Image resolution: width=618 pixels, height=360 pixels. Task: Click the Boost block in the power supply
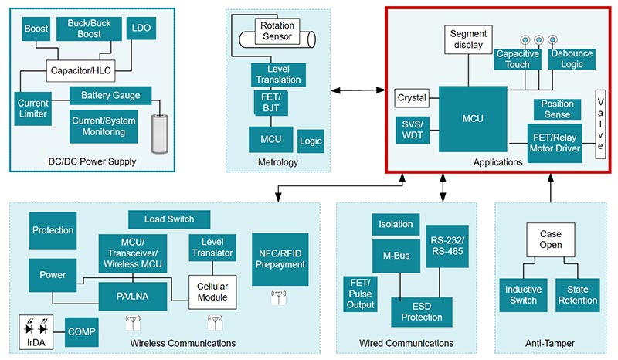[x=36, y=29]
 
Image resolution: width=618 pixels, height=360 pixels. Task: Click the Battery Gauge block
[x=105, y=95]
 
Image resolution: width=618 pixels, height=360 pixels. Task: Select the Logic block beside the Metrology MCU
[x=310, y=141]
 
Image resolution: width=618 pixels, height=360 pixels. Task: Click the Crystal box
[x=411, y=98]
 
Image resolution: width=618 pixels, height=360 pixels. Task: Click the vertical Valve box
[x=599, y=124]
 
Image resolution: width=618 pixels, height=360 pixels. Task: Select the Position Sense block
[x=558, y=109]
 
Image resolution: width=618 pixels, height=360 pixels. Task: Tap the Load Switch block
[x=169, y=219]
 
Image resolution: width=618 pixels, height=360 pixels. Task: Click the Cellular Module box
[x=212, y=292]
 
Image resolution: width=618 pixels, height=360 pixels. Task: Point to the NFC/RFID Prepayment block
[x=280, y=257]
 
